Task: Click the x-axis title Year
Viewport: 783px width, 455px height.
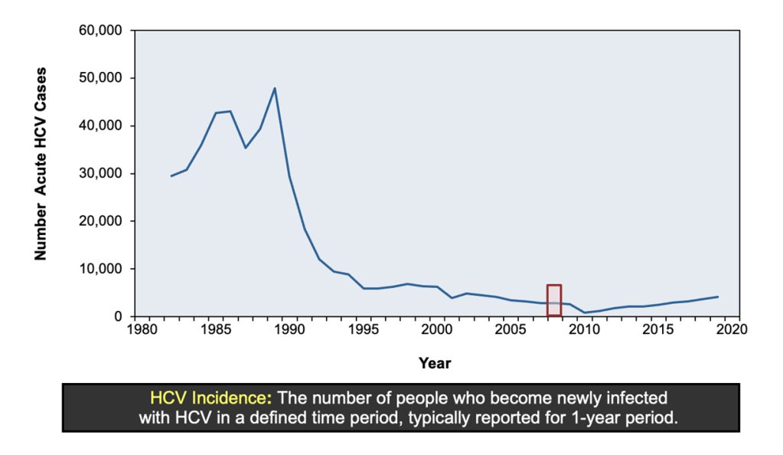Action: pyautogui.click(x=435, y=363)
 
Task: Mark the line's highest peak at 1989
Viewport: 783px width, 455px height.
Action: pyautogui.click(x=274, y=88)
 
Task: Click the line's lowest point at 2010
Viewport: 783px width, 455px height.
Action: pyautogui.click(x=585, y=313)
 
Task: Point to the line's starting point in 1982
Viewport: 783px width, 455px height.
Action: pyautogui.click(x=171, y=176)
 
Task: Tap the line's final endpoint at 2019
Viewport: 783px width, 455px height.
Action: pyautogui.click(x=718, y=296)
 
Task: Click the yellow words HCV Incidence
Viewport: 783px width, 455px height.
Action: pyautogui.click(x=210, y=398)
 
